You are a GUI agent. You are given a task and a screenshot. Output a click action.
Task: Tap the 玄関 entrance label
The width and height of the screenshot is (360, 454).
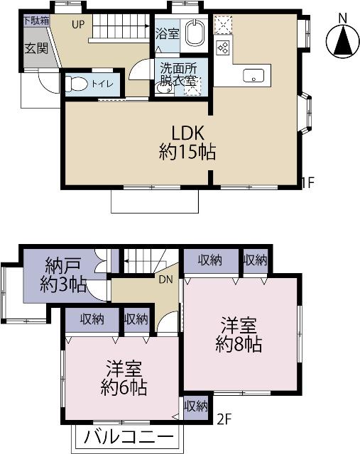[36, 49]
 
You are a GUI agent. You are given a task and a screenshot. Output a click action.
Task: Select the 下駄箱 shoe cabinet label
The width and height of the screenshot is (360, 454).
[36, 21]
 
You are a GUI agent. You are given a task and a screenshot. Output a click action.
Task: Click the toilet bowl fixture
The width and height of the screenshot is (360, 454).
[76, 84]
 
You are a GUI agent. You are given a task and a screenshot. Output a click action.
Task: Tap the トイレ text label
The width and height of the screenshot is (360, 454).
[105, 84]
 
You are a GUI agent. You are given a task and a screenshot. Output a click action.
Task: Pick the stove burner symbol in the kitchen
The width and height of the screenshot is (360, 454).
[223, 48]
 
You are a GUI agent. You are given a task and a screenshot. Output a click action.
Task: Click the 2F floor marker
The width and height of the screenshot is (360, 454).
[225, 419]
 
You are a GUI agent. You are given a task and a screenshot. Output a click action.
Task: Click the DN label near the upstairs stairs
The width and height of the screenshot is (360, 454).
[165, 279]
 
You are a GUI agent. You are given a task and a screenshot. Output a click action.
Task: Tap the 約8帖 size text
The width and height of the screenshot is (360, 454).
[239, 344]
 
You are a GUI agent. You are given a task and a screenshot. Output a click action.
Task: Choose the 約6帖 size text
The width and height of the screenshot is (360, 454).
[124, 387]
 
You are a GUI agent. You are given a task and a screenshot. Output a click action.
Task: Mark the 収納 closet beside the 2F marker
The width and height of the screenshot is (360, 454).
[196, 406]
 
